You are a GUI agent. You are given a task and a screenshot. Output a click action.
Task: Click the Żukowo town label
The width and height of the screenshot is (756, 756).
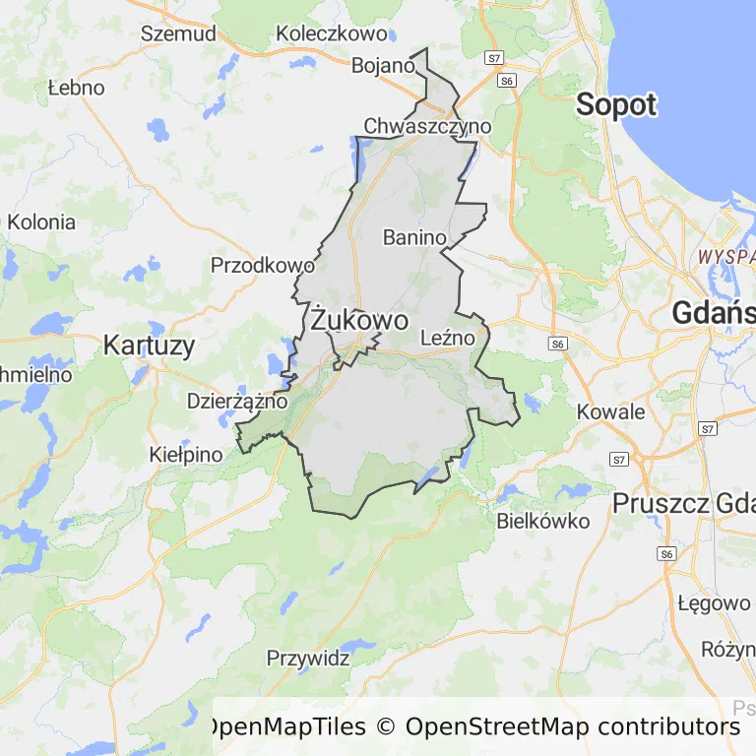tap(358, 321)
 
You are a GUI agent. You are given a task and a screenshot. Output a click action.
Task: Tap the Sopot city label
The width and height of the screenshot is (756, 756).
tap(616, 104)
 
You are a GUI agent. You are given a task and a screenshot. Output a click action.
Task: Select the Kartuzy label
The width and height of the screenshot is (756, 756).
tap(149, 345)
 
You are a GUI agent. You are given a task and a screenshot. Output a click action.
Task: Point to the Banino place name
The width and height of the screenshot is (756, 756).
tap(414, 237)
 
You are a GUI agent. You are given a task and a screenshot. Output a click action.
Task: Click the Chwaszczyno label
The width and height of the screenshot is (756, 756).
tap(427, 126)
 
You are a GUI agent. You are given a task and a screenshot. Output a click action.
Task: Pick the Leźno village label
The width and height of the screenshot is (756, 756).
tap(448, 338)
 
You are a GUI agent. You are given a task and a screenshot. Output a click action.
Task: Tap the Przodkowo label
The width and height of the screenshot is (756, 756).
tap(263, 265)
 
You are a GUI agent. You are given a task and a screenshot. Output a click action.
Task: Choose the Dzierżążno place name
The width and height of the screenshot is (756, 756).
tap(237, 401)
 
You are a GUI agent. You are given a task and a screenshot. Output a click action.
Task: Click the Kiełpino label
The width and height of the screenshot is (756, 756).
tap(186, 455)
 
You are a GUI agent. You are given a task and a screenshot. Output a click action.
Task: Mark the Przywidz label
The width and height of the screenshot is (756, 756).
tap(308, 659)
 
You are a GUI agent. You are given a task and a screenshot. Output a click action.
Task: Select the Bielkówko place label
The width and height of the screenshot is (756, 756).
tap(543, 521)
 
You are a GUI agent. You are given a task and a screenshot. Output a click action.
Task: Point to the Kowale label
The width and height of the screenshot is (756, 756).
tap(611, 411)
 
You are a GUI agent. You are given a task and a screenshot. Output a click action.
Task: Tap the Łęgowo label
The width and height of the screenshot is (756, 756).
tap(714, 603)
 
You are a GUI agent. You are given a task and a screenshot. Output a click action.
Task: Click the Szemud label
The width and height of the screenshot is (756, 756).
tap(178, 32)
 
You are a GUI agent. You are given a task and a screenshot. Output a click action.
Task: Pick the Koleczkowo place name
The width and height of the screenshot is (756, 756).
tap(332, 32)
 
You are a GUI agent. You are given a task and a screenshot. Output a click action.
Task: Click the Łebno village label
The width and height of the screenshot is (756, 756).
tap(76, 88)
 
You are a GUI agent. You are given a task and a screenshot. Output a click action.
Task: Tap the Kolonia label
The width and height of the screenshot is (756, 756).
tap(41, 221)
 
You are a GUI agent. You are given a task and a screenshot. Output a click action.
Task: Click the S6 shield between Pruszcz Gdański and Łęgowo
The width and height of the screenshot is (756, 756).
tap(667, 554)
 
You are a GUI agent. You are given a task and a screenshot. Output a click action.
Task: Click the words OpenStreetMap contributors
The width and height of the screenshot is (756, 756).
tap(572, 726)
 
